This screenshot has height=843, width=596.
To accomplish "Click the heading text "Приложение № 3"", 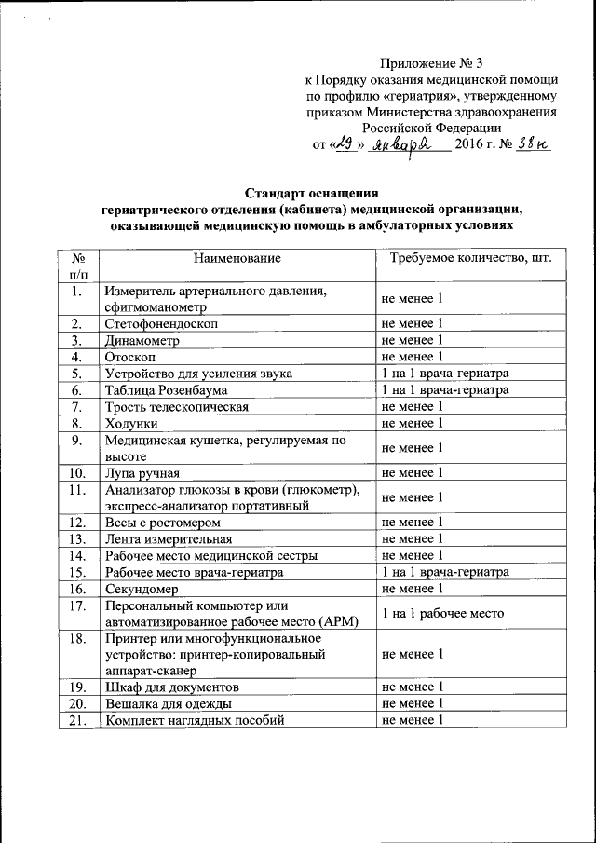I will [x=432, y=64].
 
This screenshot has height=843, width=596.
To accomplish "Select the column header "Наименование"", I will [x=237, y=257].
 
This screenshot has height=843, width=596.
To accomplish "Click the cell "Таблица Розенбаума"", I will [x=167, y=390].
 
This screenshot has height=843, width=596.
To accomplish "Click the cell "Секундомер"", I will [x=143, y=589].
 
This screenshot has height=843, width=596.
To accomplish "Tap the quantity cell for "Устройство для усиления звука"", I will [x=445, y=374].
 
